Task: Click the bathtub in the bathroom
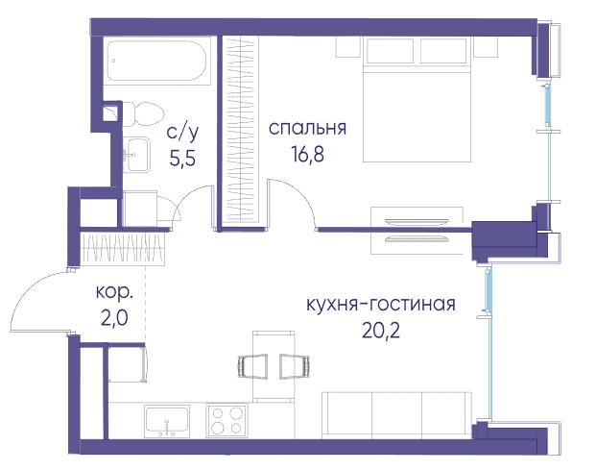point(156,61)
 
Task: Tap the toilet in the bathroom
point(143,114)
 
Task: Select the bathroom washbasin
point(136,155)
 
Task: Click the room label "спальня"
point(307,129)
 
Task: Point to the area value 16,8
point(307,154)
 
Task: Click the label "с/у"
point(182,132)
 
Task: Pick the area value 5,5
point(182,159)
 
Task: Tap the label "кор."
point(114,292)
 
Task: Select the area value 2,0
point(114,318)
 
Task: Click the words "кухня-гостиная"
point(381,305)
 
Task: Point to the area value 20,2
point(381,331)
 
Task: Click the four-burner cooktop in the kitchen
point(226,420)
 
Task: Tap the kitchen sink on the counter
point(167,421)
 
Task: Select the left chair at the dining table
point(252,366)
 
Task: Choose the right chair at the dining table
point(295,366)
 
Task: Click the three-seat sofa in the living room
point(396,415)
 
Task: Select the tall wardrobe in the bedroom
point(240,130)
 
